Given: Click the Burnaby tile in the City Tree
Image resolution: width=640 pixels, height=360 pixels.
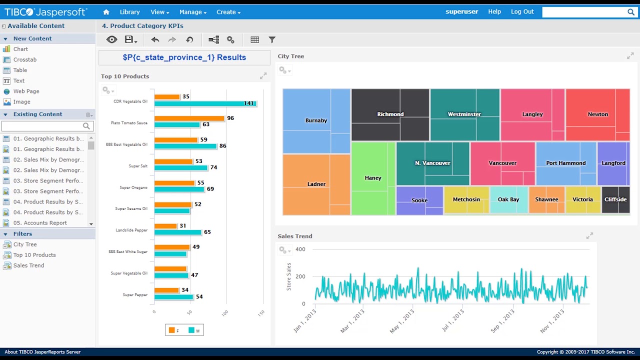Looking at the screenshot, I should (x=316, y=120).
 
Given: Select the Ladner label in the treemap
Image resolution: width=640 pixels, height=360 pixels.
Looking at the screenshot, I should (x=316, y=184).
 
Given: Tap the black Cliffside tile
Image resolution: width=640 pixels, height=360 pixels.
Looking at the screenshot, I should (x=615, y=199).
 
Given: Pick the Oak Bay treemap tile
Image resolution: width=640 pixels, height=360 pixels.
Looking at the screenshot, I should (x=508, y=199).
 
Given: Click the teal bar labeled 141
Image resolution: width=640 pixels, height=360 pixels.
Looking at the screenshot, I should (x=205, y=103).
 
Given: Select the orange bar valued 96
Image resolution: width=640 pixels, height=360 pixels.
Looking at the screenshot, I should (x=189, y=118).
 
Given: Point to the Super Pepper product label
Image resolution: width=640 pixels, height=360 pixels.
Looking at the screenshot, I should (x=135, y=295).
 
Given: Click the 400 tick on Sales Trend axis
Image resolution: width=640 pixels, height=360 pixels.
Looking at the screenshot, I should (x=300, y=249).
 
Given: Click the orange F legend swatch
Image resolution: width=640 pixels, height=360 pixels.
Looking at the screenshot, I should (x=172, y=330).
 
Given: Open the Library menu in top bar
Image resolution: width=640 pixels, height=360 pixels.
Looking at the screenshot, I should (x=129, y=12).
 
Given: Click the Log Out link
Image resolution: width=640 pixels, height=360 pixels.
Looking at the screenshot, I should (x=522, y=11).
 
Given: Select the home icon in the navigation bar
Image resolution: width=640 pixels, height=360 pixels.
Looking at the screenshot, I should (x=106, y=12).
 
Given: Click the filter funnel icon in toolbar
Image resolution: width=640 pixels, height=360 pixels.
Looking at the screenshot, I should (x=272, y=39).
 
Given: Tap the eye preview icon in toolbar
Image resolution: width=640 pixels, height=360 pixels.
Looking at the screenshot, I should (x=111, y=39).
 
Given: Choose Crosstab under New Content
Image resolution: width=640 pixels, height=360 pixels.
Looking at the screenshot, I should (x=24, y=59).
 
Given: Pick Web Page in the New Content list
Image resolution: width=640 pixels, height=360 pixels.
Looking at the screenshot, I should (x=26, y=91).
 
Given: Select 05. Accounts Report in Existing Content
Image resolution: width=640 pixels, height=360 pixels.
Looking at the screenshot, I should (x=40, y=223).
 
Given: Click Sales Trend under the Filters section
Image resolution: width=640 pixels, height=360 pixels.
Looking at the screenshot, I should (x=28, y=265).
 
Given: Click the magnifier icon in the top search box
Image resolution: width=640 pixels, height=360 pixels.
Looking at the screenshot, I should (x=631, y=12).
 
